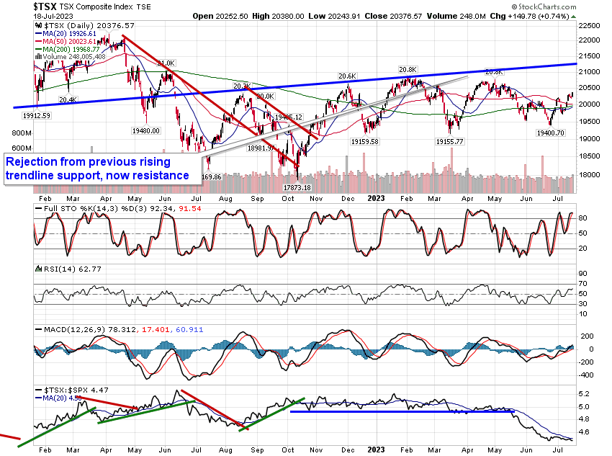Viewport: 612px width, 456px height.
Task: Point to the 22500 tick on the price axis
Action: coord(590,25)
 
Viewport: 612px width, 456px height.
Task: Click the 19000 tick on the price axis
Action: coord(590,139)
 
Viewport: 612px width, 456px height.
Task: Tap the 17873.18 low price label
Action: coord(297,187)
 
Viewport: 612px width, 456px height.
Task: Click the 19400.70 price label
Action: coord(551,133)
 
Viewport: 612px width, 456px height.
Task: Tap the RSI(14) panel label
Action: coord(59,268)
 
